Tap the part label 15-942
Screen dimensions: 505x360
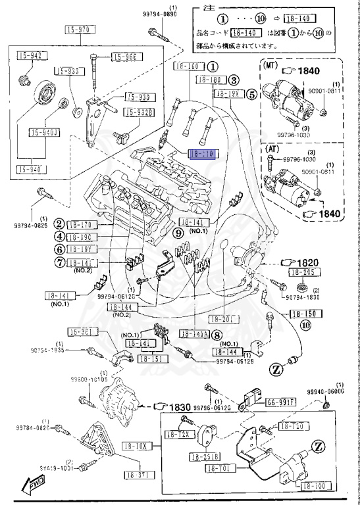point(29,56)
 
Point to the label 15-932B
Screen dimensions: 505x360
point(139,112)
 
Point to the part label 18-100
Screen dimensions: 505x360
point(313,485)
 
